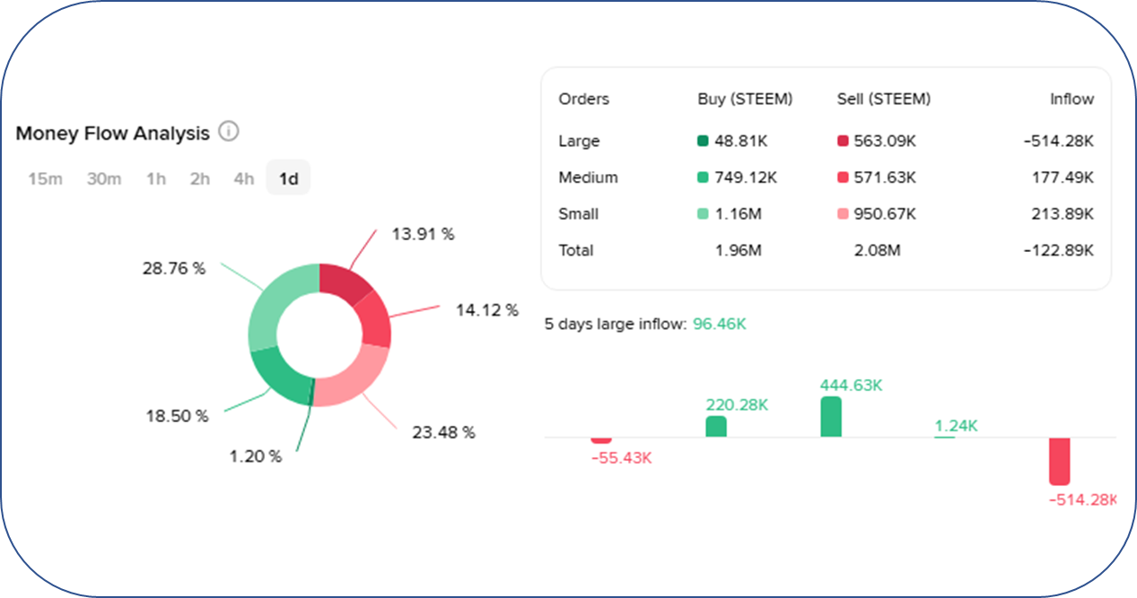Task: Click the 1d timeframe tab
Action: [288, 178]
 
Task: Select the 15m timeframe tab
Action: [45, 178]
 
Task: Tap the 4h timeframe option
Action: [243, 178]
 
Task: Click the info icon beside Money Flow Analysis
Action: [229, 133]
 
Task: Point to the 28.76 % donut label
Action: [173, 268]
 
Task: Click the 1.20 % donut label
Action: [255, 456]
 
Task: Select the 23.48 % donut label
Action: [443, 432]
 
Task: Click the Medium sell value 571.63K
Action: [885, 178]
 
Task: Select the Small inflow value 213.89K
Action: [1063, 214]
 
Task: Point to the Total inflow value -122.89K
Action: [1059, 250]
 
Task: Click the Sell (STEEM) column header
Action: [883, 100]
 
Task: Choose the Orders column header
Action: [583, 100]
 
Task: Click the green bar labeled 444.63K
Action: [831, 417]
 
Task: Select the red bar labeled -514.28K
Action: [1060, 461]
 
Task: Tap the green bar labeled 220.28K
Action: [716, 427]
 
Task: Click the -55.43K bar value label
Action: [621, 458]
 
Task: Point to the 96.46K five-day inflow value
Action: [719, 323]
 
